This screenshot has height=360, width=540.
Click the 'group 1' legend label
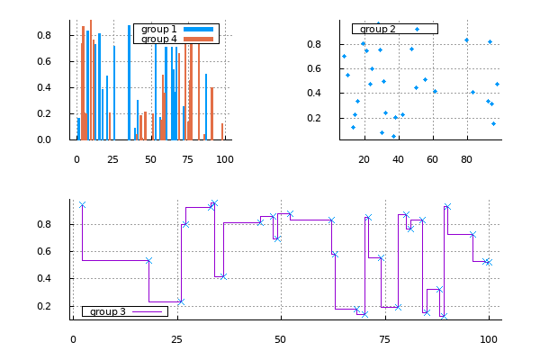pos(159,29)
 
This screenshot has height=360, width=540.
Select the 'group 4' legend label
pos(159,39)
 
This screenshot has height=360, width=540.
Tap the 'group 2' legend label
pos(378,29)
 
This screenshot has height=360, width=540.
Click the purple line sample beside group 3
pos(150,311)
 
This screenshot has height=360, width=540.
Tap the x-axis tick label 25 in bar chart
pos(113,159)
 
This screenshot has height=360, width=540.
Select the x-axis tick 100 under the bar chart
pos(225,159)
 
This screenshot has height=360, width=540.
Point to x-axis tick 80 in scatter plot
pos(466,159)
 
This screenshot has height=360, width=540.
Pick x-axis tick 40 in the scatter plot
pos(398,159)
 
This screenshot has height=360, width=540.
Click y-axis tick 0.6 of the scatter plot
pos(317,68)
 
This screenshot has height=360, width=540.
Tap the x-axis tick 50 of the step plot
pos(281,339)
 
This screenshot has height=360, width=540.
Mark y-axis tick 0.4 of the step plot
pos(55,278)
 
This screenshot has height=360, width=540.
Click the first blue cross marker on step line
pos(82,205)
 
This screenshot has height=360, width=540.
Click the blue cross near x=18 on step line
pos(148,261)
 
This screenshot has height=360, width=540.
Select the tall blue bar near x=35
pos(129,82)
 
